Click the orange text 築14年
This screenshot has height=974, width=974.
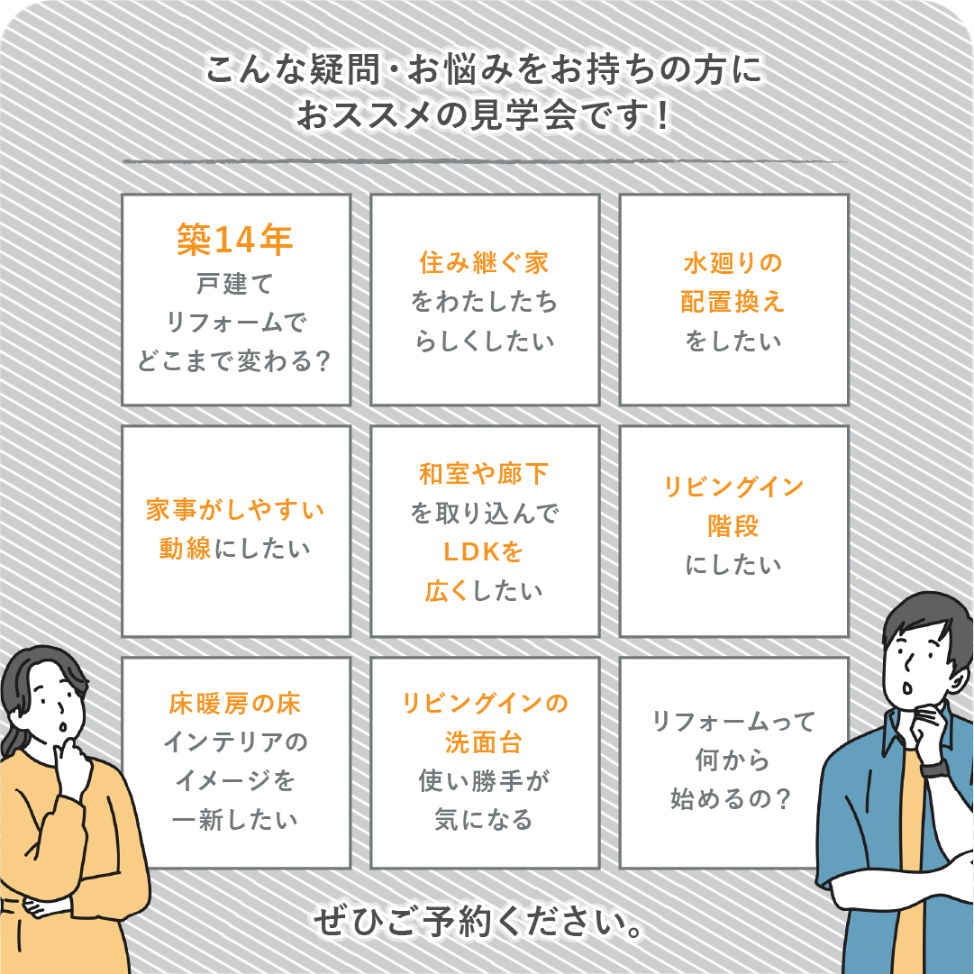click(235, 239)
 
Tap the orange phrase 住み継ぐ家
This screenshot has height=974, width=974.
click(484, 263)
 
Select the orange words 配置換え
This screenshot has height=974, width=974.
click(733, 302)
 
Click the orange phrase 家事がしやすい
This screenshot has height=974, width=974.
click(235, 510)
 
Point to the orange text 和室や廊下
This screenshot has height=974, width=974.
click(484, 474)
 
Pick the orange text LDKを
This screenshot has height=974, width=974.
click(483, 552)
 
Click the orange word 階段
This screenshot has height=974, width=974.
click(733, 526)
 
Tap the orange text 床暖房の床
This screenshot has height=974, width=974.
click(235, 704)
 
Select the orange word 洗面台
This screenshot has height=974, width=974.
click(484, 742)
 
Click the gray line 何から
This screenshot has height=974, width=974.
click(733, 760)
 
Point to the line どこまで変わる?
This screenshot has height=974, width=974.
click(234, 360)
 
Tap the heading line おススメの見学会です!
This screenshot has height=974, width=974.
click(483, 115)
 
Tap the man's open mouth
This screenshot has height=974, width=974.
click(907, 687)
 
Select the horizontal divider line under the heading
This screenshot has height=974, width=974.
click(485, 161)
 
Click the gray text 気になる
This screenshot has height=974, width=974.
click(484, 820)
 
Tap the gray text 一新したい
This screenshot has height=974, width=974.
click(235, 820)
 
